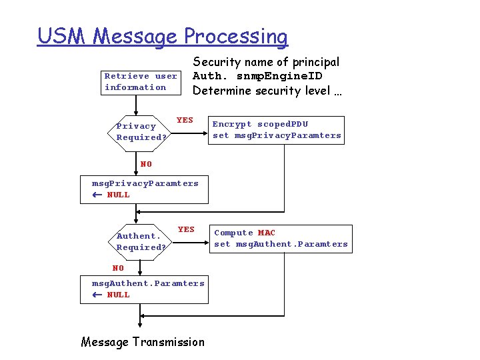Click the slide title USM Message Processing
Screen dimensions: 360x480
[x=163, y=36]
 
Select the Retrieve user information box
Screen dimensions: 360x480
[x=140, y=81]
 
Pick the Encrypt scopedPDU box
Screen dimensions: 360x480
[x=277, y=129]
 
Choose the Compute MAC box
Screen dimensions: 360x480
[x=281, y=239]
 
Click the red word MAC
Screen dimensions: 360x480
[x=266, y=233]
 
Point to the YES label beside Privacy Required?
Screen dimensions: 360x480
[x=185, y=120]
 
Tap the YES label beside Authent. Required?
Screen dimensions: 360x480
[x=186, y=229]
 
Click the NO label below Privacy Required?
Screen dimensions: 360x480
[x=146, y=164]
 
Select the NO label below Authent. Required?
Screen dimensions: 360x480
[x=118, y=268]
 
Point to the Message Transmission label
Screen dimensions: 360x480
[x=143, y=342]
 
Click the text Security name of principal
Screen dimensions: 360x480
[x=266, y=62]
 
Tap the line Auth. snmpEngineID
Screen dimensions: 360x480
[x=257, y=76]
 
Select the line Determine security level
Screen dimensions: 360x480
[x=267, y=91]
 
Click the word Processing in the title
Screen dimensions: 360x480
[x=236, y=36]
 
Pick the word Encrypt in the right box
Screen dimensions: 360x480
[x=232, y=124]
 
